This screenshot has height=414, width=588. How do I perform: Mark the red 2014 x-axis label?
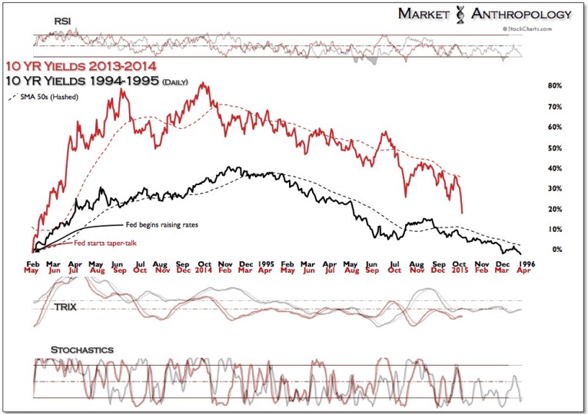[204, 271]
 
